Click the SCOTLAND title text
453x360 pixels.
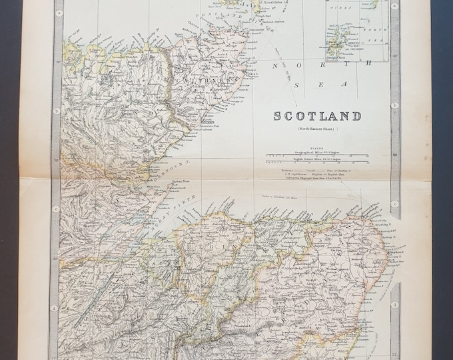(x=317, y=116)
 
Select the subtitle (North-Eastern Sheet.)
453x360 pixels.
(x=317, y=128)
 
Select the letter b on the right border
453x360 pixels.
(x=395, y=105)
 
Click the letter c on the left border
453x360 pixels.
(x=57, y=209)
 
